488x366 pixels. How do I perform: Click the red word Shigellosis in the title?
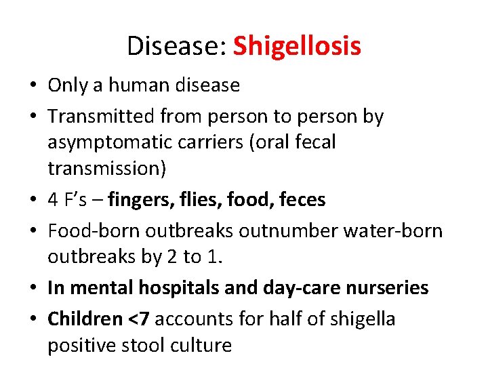click(297, 46)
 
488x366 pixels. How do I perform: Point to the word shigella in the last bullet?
click(363, 319)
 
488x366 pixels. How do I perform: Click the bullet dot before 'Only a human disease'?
click(33, 86)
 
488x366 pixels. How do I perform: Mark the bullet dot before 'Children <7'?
click(33, 319)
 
